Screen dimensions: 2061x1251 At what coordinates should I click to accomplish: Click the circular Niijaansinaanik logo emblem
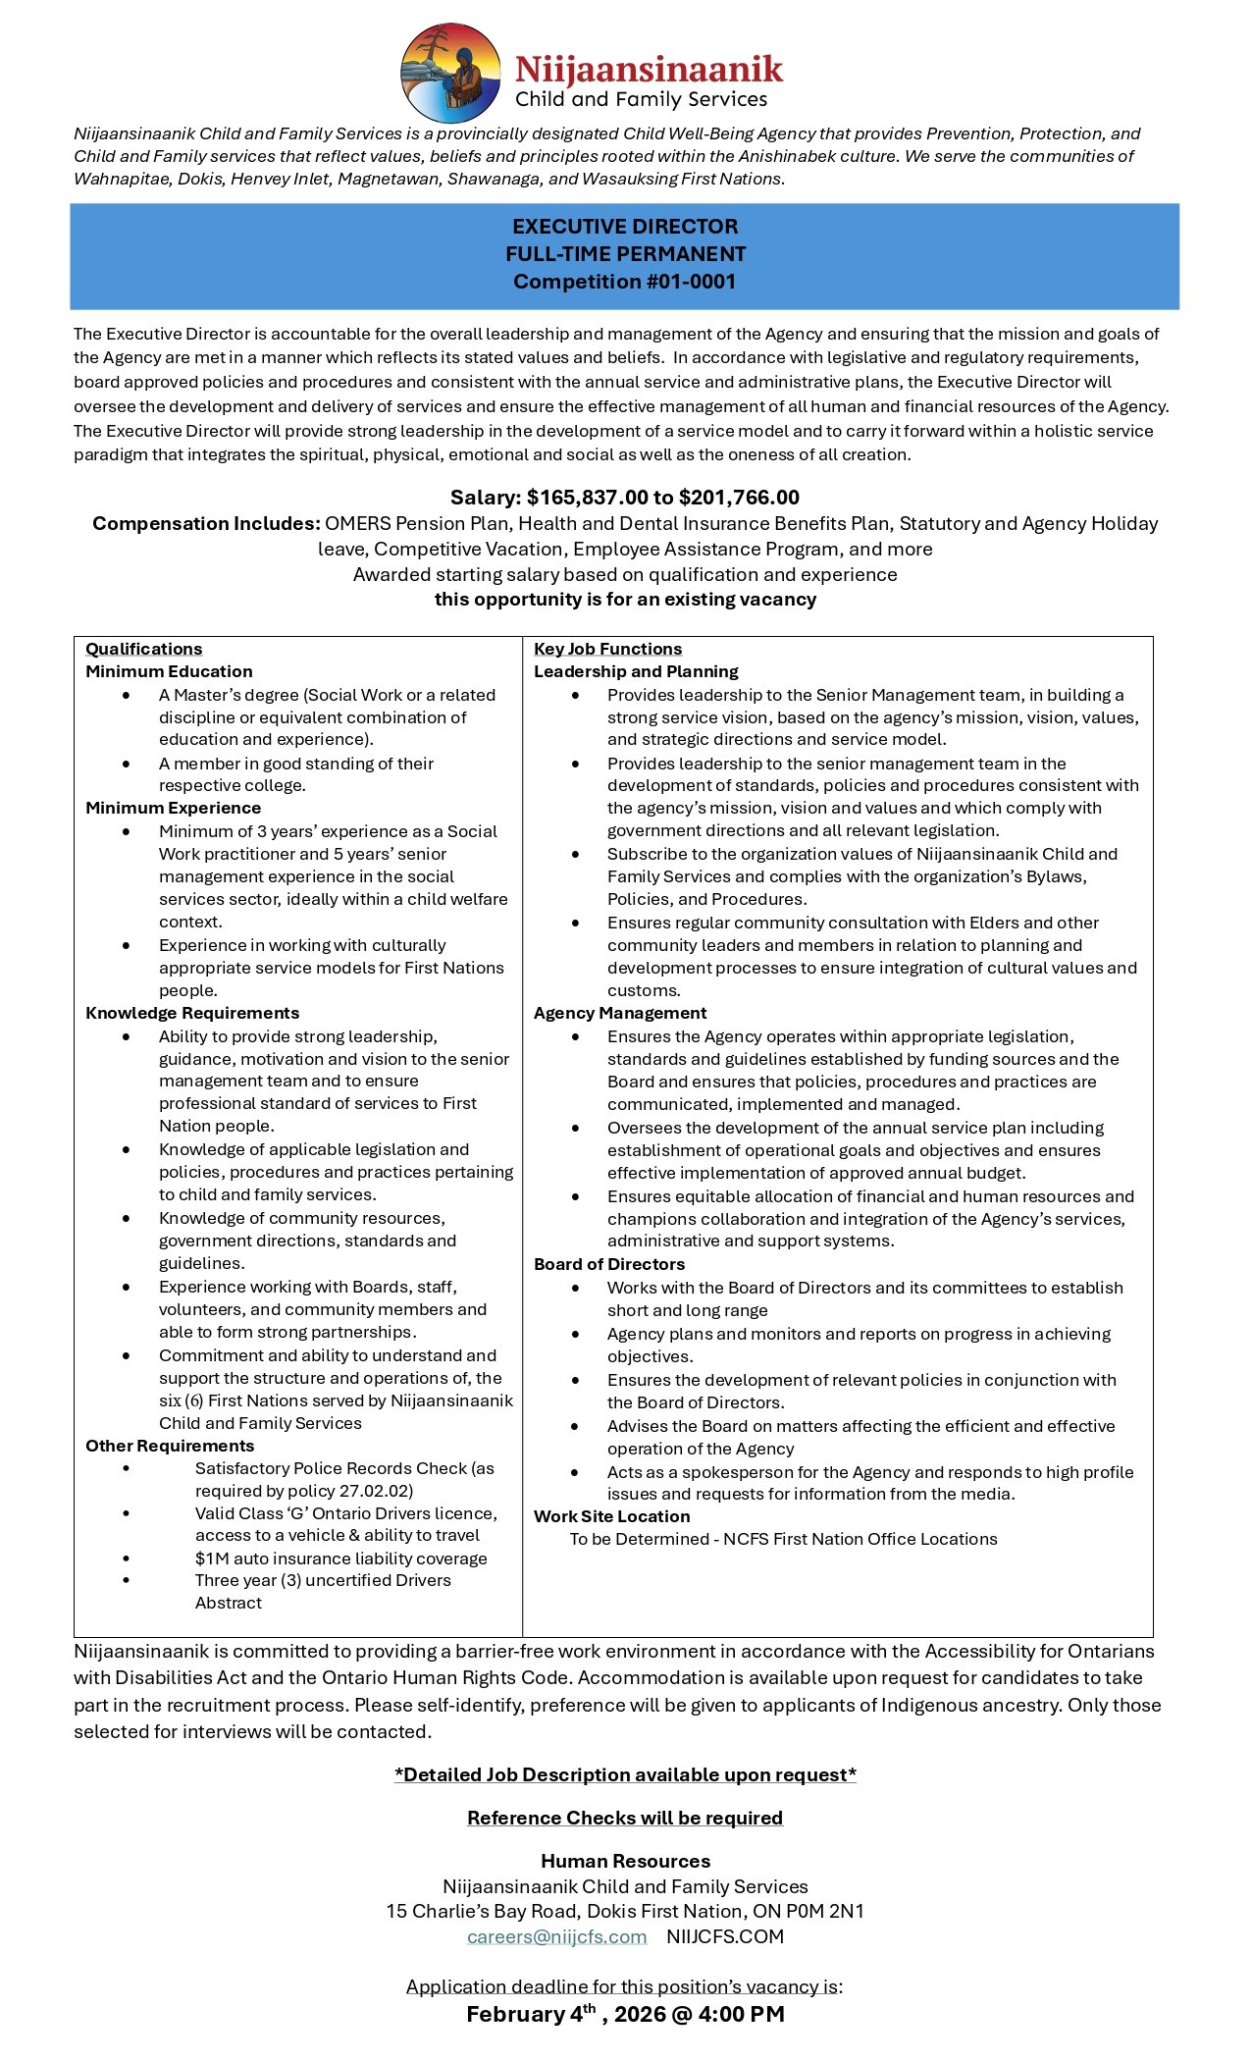(451, 74)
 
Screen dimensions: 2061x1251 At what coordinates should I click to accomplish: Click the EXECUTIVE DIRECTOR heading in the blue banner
(625, 226)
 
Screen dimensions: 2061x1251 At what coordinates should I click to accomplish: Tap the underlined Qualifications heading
(144, 649)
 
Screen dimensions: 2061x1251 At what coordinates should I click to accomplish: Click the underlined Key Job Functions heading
(607, 649)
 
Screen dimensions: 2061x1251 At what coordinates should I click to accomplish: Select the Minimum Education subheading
(169, 671)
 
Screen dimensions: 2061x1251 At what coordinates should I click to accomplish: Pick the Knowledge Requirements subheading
(192, 1013)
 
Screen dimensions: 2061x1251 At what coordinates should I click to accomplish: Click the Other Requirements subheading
(170, 1446)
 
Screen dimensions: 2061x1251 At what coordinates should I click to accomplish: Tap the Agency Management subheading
(620, 1013)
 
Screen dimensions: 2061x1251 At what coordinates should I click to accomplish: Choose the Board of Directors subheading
(609, 1264)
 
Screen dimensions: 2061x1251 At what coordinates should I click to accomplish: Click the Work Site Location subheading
(611, 1516)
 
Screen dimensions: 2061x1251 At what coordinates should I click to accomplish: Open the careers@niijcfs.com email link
(556, 1937)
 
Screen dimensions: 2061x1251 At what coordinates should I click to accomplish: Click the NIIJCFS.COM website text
(725, 1937)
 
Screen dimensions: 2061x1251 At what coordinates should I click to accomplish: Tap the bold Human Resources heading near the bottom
(625, 1862)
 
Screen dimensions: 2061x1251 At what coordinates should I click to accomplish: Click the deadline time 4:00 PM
(741, 2015)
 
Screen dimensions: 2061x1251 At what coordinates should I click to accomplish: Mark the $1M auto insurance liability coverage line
(340, 1559)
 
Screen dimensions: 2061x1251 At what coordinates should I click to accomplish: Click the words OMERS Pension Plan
(417, 524)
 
